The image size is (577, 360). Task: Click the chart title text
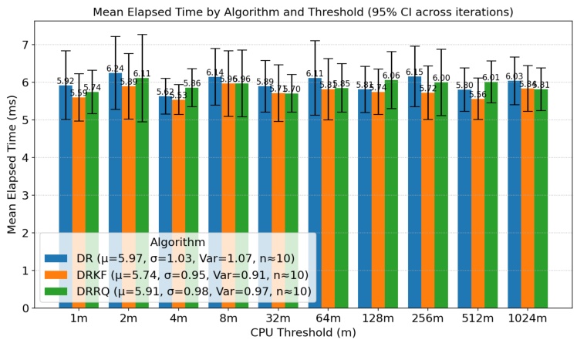pyautogui.click(x=302, y=12)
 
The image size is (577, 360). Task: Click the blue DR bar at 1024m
pyautogui.click(x=514, y=193)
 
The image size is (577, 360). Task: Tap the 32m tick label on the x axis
pyautogui.click(x=278, y=319)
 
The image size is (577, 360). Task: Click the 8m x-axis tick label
pyautogui.click(x=228, y=319)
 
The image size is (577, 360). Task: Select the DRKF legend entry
pyautogui.click(x=177, y=275)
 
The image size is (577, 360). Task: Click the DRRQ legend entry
pyautogui.click(x=177, y=291)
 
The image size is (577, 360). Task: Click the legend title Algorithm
pyautogui.click(x=177, y=242)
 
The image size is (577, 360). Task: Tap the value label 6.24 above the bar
pyautogui.click(x=115, y=69)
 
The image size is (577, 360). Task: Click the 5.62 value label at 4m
pyautogui.click(x=165, y=92)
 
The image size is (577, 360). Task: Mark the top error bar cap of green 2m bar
pyautogui.click(x=142, y=34)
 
